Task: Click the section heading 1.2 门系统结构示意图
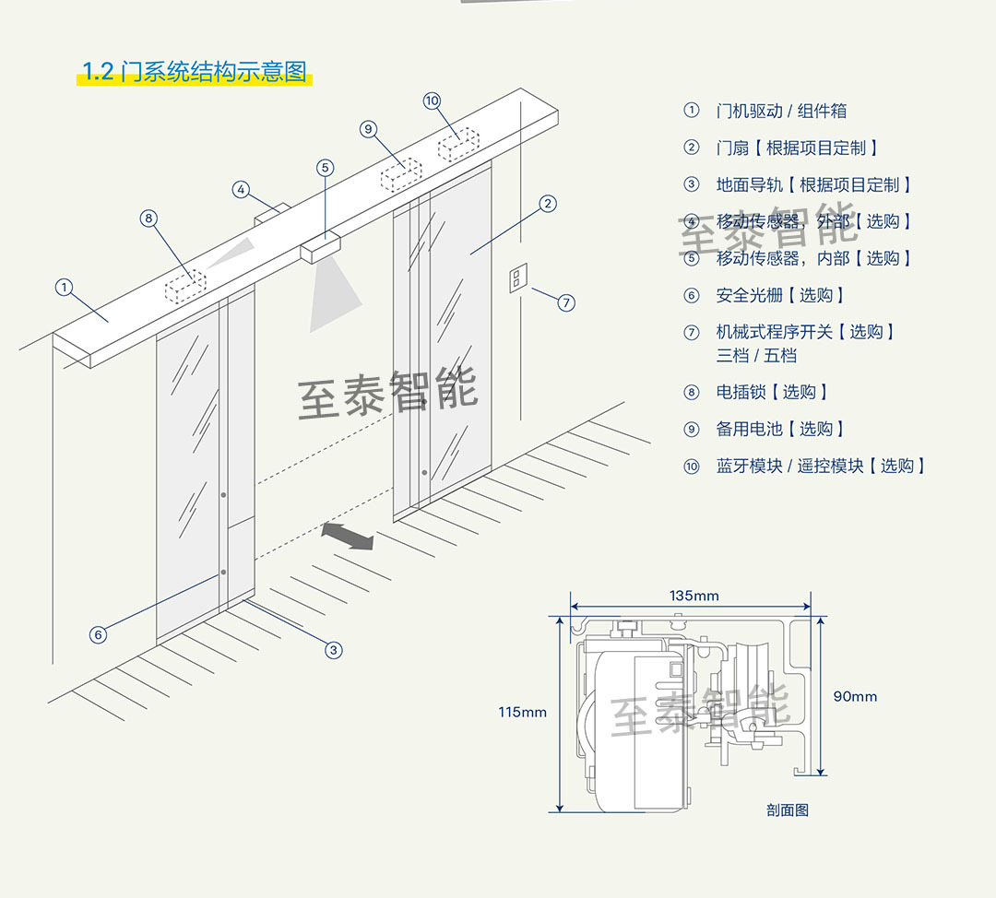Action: pyautogui.click(x=195, y=73)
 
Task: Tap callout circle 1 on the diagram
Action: pyautogui.click(x=64, y=288)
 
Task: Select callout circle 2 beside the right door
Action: pyautogui.click(x=548, y=203)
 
